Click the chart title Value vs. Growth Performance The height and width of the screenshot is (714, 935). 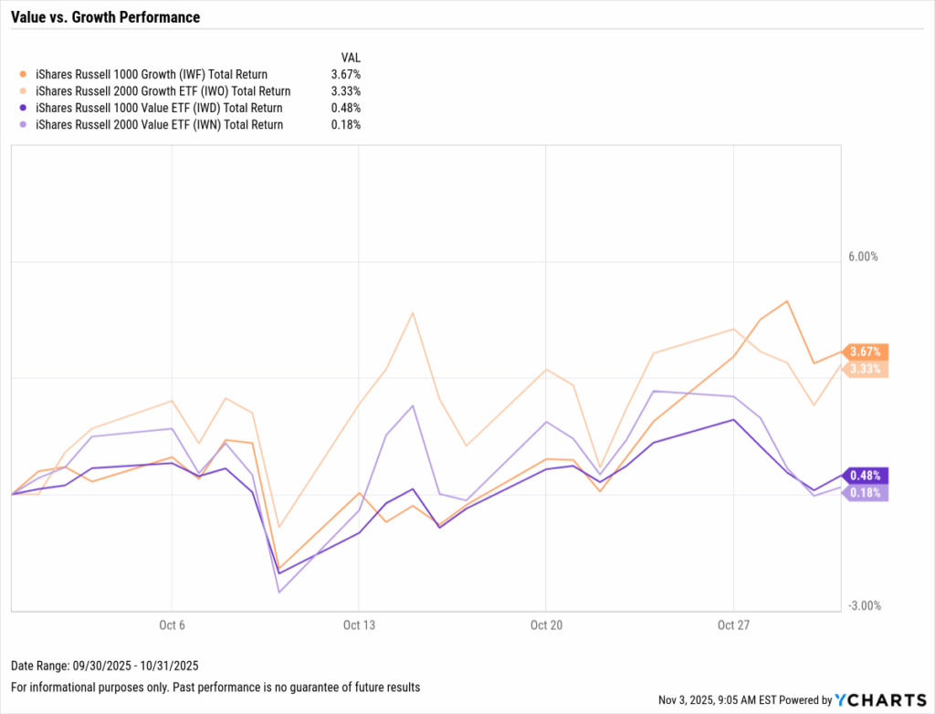[105, 17]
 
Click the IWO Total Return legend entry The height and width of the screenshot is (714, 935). [163, 91]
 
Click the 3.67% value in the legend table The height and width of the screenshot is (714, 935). [345, 74]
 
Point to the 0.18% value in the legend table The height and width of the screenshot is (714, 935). [345, 125]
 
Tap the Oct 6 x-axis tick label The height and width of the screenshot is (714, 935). [173, 625]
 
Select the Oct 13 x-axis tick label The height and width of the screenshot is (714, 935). [359, 625]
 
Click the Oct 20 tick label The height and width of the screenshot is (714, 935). [545, 625]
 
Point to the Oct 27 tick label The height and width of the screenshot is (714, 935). [732, 625]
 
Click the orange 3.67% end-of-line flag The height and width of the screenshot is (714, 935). [866, 352]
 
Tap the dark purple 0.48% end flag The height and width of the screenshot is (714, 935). [866, 476]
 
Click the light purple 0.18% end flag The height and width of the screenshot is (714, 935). [866, 493]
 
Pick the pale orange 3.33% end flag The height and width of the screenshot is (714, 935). [866, 369]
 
